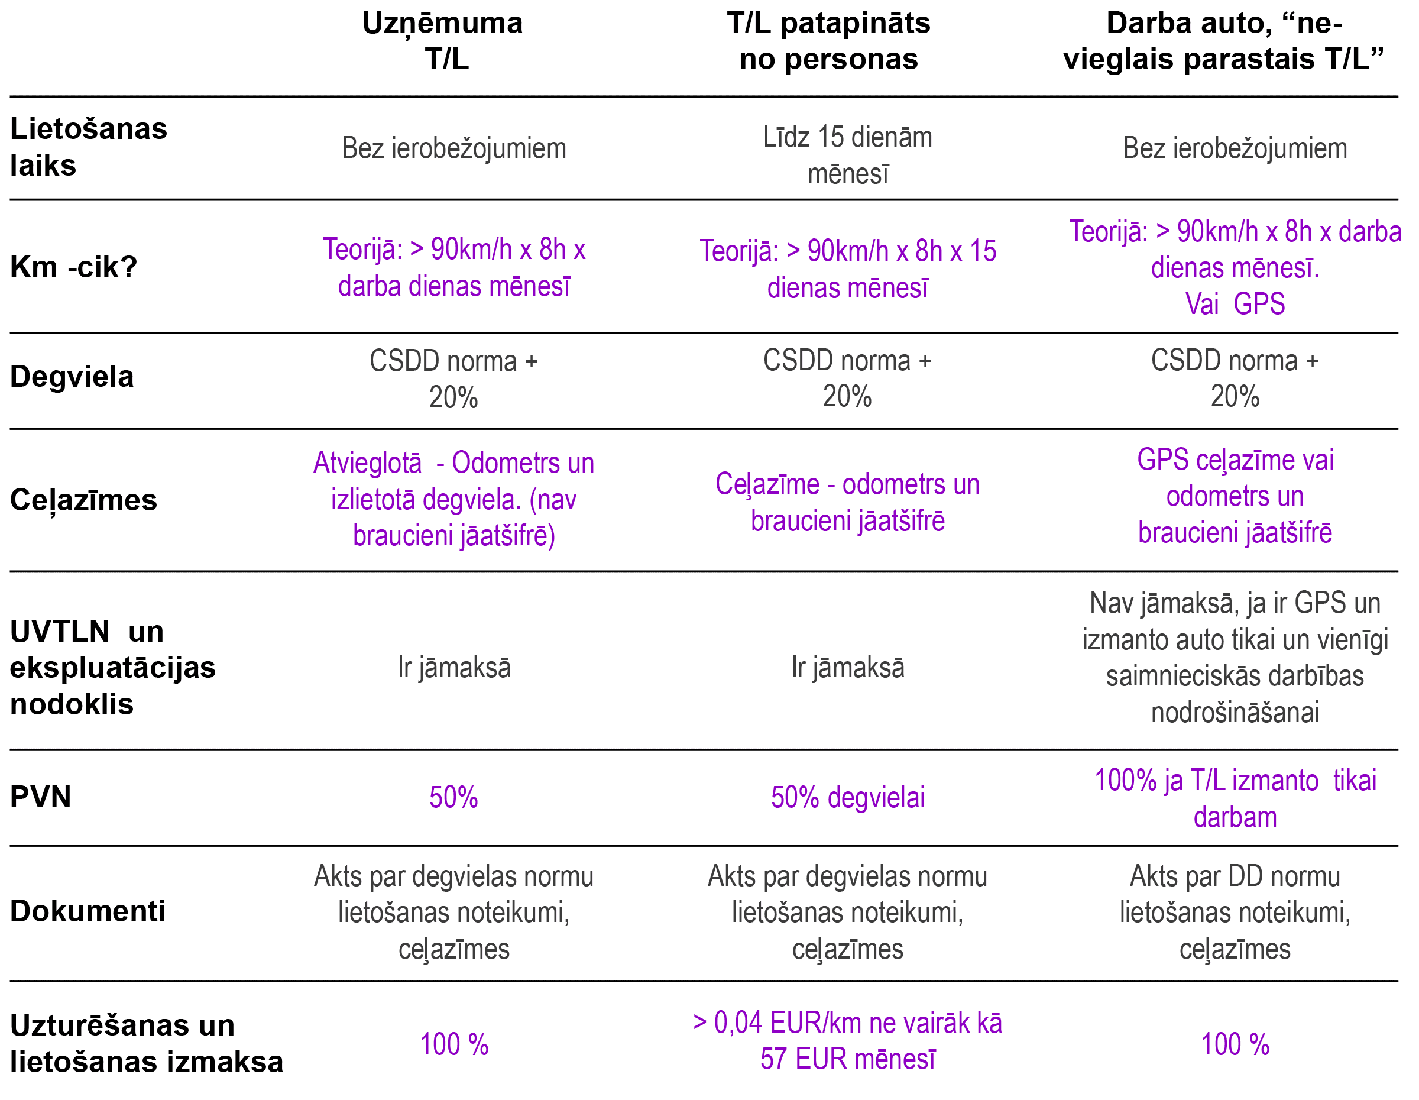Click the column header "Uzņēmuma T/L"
(442, 41)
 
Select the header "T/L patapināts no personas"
(828, 41)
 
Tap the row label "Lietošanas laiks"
(88, 147)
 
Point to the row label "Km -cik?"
(73, 267)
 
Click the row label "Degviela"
(72, 377)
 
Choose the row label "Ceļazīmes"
(83, 500)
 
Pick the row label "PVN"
(40, 797)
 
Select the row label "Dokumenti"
(88, 911)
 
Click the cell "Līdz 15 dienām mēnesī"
(847, 156)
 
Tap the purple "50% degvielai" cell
(847, 798)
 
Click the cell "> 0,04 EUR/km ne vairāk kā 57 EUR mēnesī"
(847, 1041)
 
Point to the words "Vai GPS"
(1235, 304)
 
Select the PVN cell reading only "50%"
(453, 798)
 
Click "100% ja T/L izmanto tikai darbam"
(1235, 798)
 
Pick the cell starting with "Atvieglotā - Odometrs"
(453, 499)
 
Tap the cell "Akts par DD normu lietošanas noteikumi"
(1235, 912)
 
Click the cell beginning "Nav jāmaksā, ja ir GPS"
(1235, 658)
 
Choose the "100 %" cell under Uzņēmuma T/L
(454, 1045)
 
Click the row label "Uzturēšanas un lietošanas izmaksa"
(146, 1043)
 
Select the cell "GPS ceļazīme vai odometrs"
(1235, 496)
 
